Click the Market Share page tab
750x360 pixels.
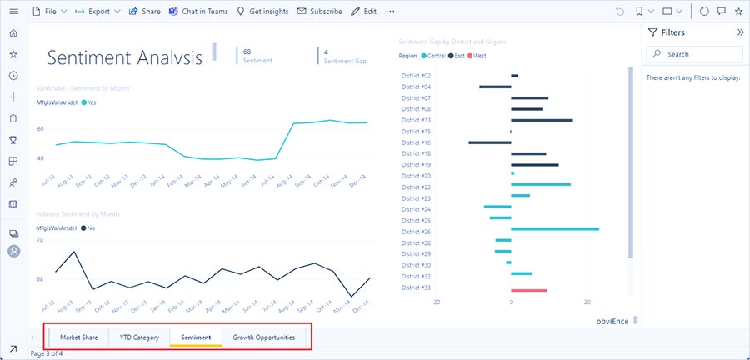(79, 337)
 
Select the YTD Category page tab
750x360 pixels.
(139, 337)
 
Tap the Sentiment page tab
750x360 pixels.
(196, 337)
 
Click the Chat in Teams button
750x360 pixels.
(197, 12)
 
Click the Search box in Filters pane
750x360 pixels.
(700, 54)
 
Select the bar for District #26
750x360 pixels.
(554, 228)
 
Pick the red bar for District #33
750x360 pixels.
(528, 290)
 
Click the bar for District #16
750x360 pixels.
(489, 142)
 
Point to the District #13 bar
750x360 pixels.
(542, 120)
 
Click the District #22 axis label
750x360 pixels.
(416, 187)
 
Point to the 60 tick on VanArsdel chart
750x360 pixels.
(40, 129)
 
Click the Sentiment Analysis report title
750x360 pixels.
(125, 58)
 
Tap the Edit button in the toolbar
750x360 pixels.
(363, 12)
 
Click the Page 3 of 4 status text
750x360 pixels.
(47, 353)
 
